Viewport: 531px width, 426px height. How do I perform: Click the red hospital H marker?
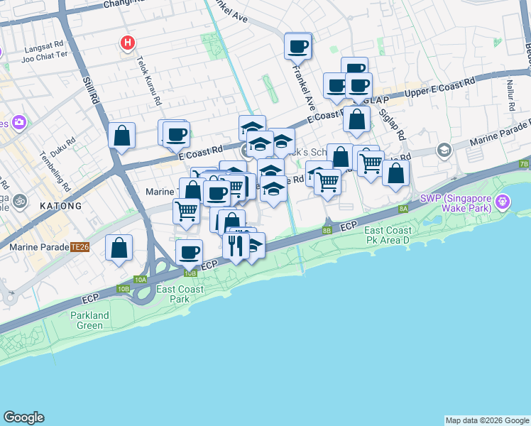click(x=127, y=43)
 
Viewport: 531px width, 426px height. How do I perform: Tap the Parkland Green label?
click(x=89, y=320)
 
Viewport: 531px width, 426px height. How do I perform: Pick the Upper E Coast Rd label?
click(x=439, y=89)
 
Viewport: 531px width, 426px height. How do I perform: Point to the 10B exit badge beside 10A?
click(x=124, y=288)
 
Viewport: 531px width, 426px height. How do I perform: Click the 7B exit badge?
click(x=524, y=164)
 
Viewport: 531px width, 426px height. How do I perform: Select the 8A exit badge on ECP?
click(x=403, y=209)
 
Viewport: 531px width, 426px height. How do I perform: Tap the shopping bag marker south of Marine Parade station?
click(x=119, y=248)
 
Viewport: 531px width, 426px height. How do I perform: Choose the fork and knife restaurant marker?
click(x=235, y=246)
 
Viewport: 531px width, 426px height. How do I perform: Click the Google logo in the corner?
click(x=23, y=417)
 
